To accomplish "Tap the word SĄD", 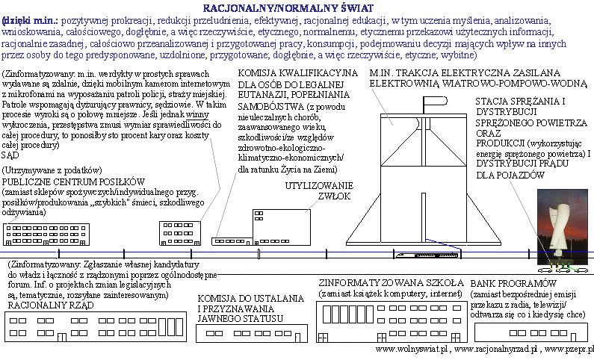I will [11, 156].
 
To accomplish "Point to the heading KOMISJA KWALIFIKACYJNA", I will [297, 73].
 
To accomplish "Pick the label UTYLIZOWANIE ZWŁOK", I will [322, 191].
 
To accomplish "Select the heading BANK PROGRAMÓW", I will [515, 284].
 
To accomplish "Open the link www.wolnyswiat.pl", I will [411, 349].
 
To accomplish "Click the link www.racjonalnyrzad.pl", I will [493, 349].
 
